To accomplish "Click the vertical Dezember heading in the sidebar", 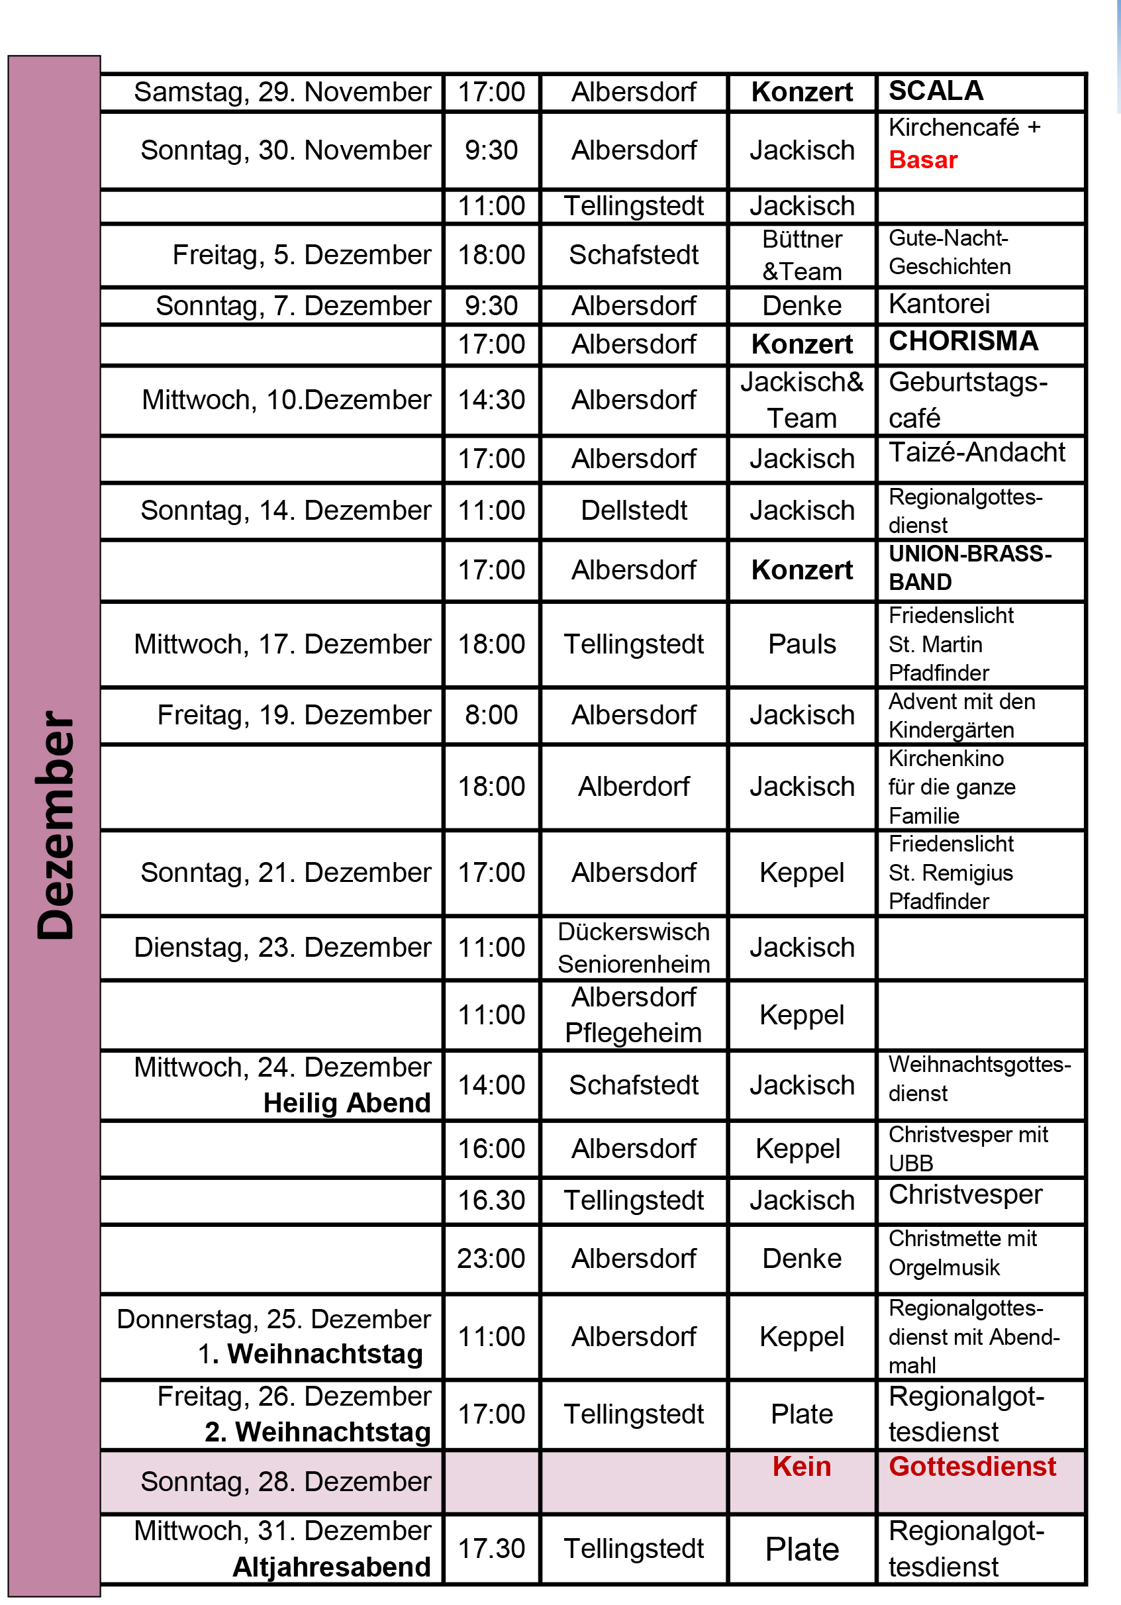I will (55, 825).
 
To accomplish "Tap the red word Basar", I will (922, 160).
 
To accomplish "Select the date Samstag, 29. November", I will (282, 92).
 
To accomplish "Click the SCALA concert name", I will (936, 91).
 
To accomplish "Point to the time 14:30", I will (491, 400).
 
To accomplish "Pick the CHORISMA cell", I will (963, 341).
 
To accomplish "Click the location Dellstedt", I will (634, 511).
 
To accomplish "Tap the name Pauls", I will (802, 644).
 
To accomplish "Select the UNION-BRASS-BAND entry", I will (969, 567).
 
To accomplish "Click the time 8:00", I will (491, 715).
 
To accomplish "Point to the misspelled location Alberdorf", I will (634, 787).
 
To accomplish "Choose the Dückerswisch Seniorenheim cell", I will (634, 948).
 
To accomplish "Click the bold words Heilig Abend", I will (347, 1103).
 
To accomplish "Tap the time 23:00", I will (491, 1258).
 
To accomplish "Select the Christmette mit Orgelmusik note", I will (961, 1253).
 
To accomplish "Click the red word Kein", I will (802, 1466).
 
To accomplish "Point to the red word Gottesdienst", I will (972, 1466).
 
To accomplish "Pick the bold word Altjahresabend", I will (331, 1567).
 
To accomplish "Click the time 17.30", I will (491, 1548).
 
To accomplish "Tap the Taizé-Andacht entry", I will (977, 452).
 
